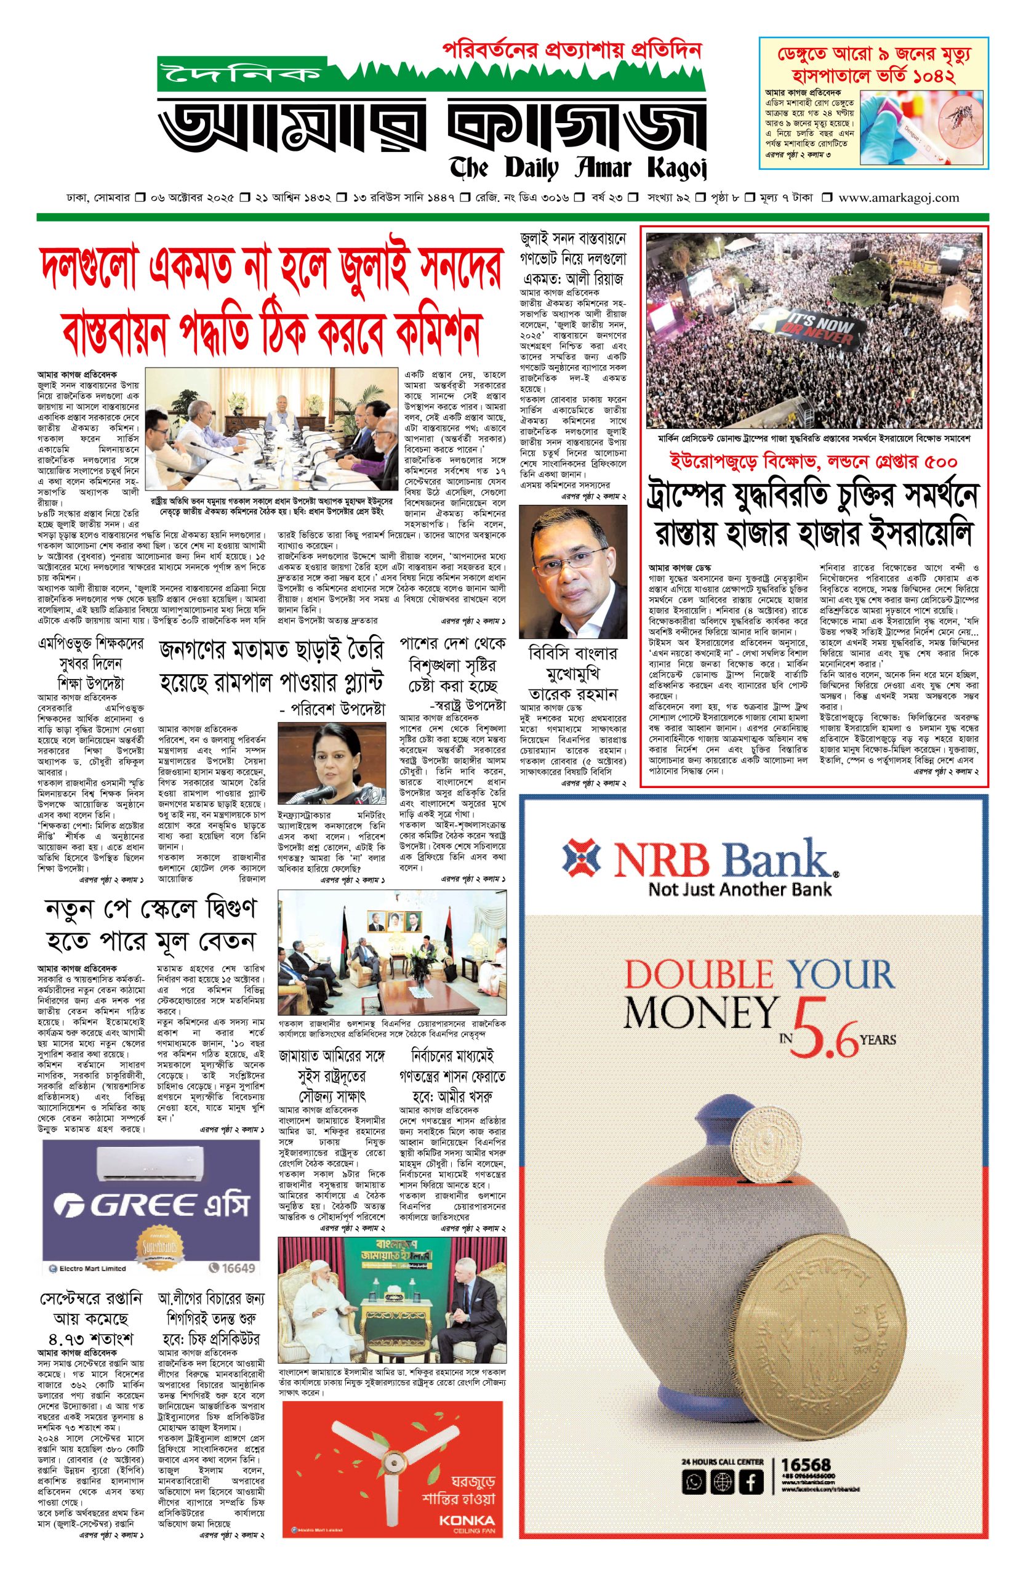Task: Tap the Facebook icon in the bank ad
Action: (x=751, y=1482)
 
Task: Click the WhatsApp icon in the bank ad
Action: (x=694, y=1482)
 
